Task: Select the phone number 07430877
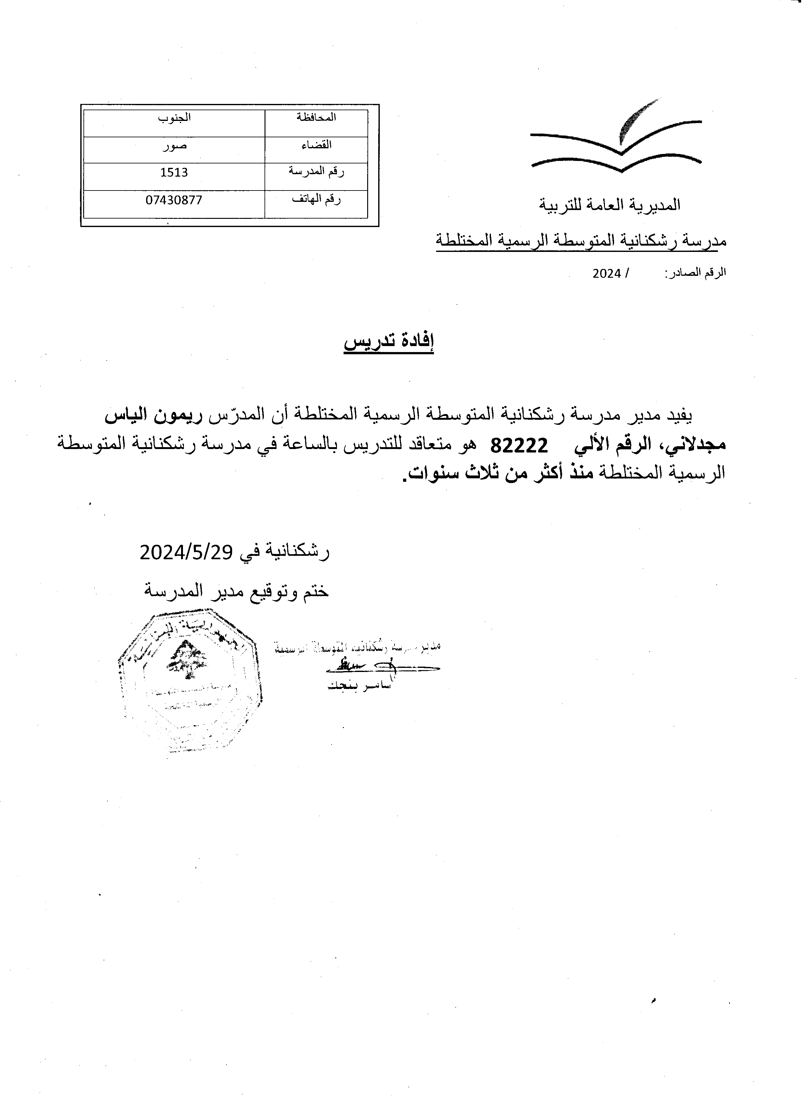click(x=174, y=200)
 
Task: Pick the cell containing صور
click(x=174, y=145)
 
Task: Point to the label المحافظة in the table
click(x=316, y=118)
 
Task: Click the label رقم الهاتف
click(x=316, y=200)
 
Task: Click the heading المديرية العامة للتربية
click(x=609, y=205)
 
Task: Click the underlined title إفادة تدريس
click(x=389, y=343)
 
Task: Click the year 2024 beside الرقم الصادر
click(x=607, y=274)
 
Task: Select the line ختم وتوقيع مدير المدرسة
click(x=236, y=591)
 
